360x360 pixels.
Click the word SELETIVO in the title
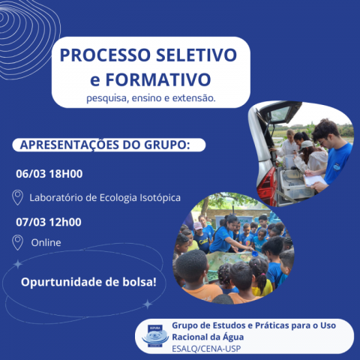point(196,55)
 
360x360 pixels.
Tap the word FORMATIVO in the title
point(158,79)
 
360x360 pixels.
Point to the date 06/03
point(31,174)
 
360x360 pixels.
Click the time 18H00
point(66,174)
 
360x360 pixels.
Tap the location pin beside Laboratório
point(17,197)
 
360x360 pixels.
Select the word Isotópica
point(160,198)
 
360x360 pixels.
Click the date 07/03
point(31,222)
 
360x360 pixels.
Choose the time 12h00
point(65,222)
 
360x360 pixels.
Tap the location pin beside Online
point(17,242)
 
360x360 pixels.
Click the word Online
point(46,243)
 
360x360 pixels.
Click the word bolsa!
point(139,282)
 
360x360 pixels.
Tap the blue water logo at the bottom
point(155,336)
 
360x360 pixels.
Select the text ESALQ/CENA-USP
point(206,349)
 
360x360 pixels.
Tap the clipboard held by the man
point(316,181)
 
